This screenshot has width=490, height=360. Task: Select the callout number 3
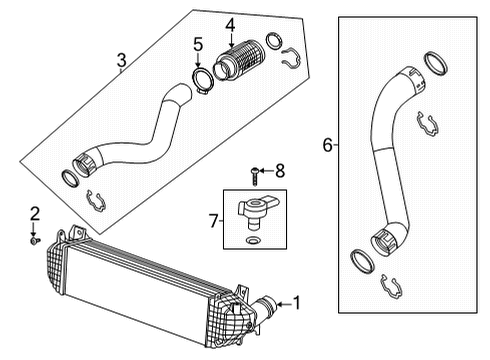point(120,62)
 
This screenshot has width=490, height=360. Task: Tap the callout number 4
point(229,24)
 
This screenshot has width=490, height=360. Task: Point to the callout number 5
point(197,46)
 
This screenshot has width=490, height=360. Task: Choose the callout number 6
point(326,145)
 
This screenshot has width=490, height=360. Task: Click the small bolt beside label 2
point(36,239)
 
